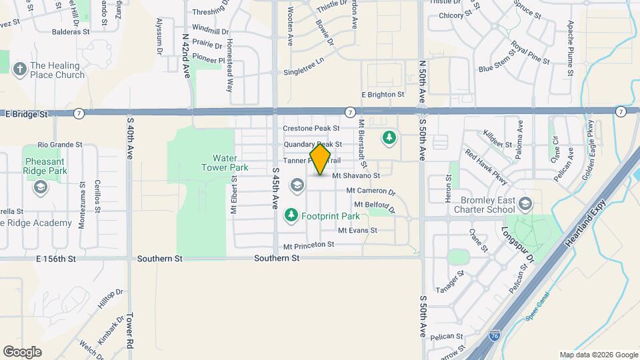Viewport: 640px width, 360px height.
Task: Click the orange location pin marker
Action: (320, 159)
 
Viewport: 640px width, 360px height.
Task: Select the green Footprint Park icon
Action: (291, 215)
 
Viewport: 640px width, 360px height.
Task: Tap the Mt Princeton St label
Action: (309, 245)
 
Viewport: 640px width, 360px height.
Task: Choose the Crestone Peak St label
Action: (311, 128)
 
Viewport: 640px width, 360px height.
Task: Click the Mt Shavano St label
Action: (355, 175)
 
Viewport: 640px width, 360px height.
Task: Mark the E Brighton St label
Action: (383, 95)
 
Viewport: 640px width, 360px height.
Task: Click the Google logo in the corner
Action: (23, 351)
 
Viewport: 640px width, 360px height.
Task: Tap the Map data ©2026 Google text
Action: (598, 355)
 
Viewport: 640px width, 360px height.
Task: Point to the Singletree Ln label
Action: (303, 71)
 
